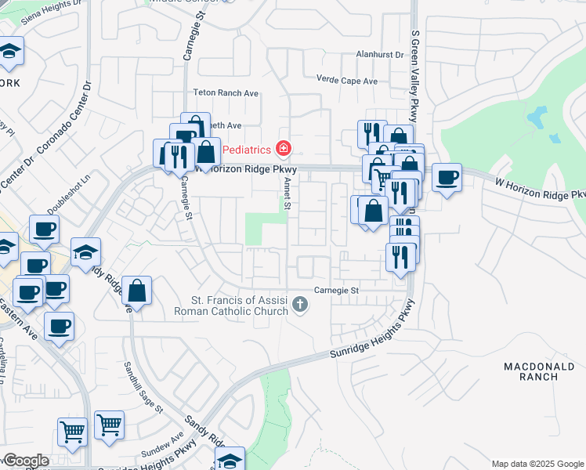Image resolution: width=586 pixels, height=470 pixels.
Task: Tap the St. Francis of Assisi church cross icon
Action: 298,305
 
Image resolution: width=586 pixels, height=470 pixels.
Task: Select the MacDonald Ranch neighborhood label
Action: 530,371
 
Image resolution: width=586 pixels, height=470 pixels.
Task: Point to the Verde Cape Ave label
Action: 347,80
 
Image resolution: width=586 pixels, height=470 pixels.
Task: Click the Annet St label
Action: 288,193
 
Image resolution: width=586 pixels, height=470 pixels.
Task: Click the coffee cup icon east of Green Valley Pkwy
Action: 447,178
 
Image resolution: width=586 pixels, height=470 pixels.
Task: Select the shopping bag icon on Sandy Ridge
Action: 137,291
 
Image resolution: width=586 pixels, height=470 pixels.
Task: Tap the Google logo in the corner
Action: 26,461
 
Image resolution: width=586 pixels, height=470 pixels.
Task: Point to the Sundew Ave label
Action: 163,444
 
